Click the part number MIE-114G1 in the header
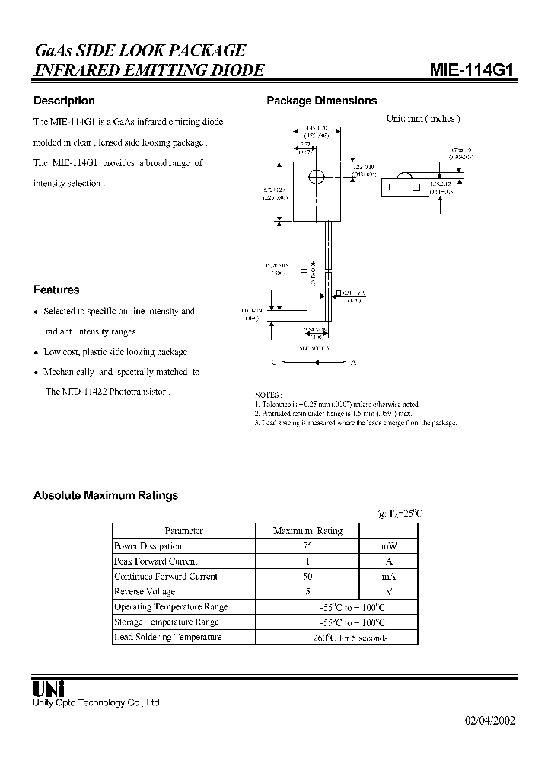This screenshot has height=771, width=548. pos(473,71)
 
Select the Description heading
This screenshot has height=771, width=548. pos(64,101)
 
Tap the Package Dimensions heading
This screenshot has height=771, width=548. pos(321,101)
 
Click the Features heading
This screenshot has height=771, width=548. pos(56,290)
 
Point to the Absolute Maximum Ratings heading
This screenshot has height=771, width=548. pos(106,495)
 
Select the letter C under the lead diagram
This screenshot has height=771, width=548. pos(274,362)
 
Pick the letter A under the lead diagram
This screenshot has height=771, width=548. pos(353,362)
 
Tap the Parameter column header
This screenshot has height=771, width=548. pos(183,531)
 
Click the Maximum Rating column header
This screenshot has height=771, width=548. pos(307,531)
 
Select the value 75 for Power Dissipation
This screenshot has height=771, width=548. pos(307,546)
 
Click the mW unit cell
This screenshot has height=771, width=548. pos(389,546)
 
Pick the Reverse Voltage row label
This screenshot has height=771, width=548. pos(145,592)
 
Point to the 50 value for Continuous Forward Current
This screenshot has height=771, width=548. pos(307,577)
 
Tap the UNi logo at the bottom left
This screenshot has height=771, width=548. pos(48,689)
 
